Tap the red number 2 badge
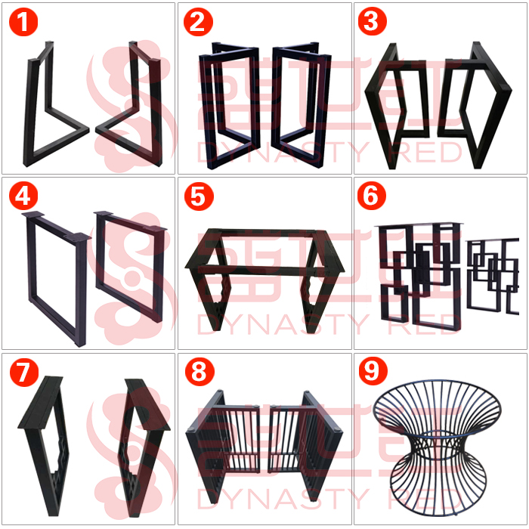pyautogui.click(x=198, y=22)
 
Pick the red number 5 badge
pyautogui.click(x=198, y=196)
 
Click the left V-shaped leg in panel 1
pyautogui.click(x=35, y=113)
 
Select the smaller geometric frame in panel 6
pyautogui.click(x=494, y=276)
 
